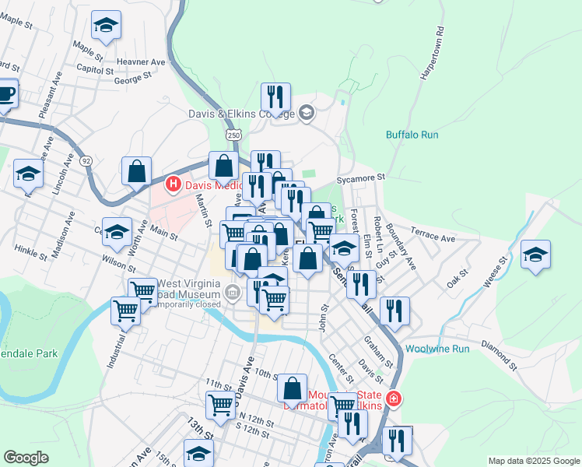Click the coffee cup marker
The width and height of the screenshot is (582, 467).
point(6,95)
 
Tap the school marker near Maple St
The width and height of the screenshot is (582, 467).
point(105,26)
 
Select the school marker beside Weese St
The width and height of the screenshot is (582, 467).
point(535,255)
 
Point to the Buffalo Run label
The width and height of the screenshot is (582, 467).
point(412,135)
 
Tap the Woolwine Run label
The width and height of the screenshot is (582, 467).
point(437,349)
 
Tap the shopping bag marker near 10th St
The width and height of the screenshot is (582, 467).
point(292,388)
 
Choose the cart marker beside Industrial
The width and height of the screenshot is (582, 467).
point(125,311)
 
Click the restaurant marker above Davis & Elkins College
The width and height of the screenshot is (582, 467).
point(275,97)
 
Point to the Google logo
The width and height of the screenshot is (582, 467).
point(26,458)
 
